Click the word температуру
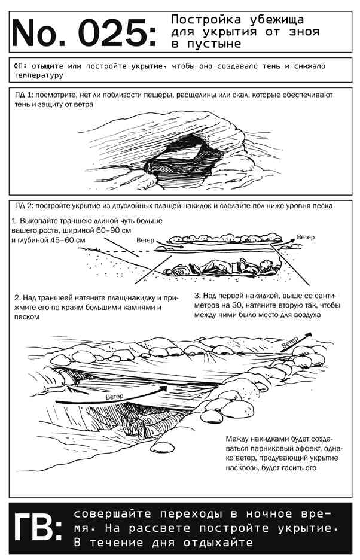coord(38,76)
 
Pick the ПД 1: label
coord(24,95)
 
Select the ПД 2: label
coord(24,206)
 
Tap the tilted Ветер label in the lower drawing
coord(289,342)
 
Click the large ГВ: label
coord(38,528)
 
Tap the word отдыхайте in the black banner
coord(218,543)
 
